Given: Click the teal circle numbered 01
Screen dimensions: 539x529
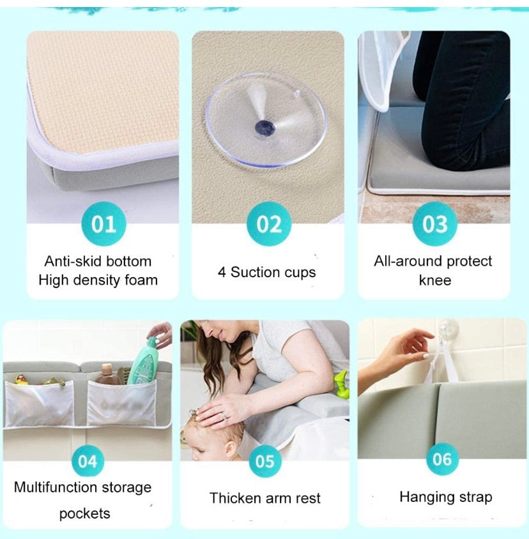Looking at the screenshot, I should click(103, 224).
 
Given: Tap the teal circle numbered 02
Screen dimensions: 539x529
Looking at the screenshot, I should click(269, 224).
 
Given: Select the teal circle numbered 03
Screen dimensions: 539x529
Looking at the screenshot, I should click(434, 224).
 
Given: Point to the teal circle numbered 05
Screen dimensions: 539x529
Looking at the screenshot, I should click(264, 461).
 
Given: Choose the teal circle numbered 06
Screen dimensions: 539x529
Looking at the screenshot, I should click(443, 459).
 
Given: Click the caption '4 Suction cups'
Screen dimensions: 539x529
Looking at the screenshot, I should click(266, 272).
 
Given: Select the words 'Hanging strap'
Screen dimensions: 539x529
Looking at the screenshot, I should click(445, 497).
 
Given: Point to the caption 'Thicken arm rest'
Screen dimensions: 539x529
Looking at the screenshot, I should click(265, 498).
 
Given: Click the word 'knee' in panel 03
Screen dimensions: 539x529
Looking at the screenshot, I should click(434, 280).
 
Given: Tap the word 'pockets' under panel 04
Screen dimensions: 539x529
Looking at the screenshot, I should click(84, 513).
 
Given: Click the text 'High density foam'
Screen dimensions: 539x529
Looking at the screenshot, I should click(98, 280).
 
